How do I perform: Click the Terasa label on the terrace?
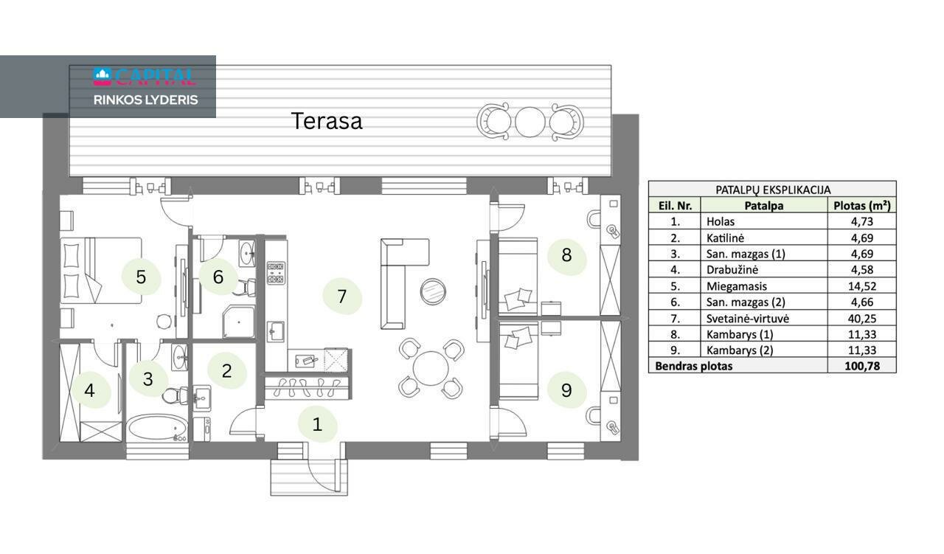(327, 121)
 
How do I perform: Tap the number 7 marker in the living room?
(341, 297)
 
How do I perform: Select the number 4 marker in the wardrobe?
(89, 390)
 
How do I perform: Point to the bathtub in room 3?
(157, 427)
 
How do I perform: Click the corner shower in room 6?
(239, 322)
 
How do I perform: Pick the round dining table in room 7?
(431, 368)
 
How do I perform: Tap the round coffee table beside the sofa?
(433, 291)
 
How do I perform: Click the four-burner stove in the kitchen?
(276, 273)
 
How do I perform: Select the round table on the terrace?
(530, 122)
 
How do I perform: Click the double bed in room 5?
(101, 271)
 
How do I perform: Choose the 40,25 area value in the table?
(862, 319)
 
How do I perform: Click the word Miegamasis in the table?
(736, 286)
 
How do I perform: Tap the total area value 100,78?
(862, 366)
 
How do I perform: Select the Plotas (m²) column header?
(862, 205)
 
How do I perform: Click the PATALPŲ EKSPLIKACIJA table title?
(772, 190)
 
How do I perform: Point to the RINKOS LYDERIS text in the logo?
(145, 100)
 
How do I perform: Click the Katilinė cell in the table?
(725, 238)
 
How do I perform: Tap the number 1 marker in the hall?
(317, 424)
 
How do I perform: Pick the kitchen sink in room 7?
(276, 331)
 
